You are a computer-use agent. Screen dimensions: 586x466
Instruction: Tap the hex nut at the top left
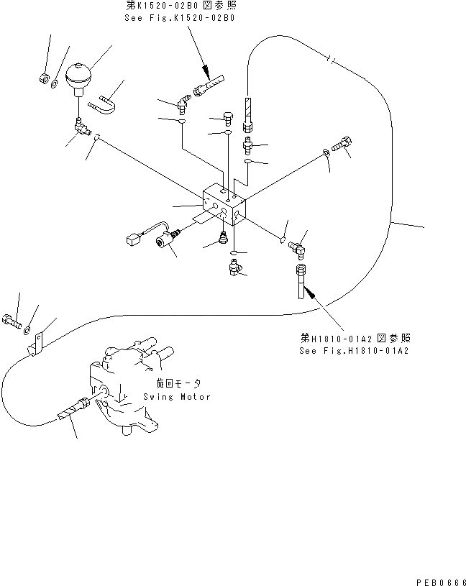pos(44,78)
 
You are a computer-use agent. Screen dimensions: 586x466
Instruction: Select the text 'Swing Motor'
pos(177,397)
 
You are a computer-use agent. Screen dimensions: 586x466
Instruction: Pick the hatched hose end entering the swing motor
pos(70,411)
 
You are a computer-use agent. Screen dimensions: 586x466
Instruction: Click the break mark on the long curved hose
pos(329,59)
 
